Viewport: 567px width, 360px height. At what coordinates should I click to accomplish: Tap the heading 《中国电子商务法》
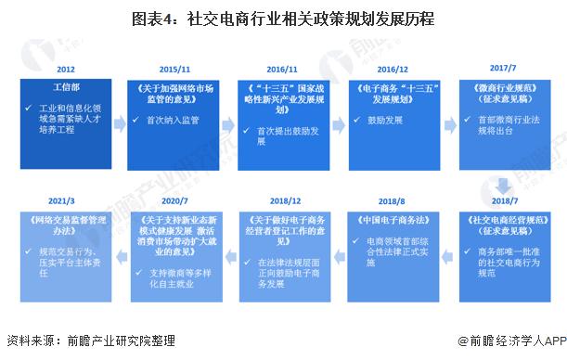(x=388, y=220)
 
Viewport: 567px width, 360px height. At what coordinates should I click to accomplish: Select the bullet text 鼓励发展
(x=381, y=121)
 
